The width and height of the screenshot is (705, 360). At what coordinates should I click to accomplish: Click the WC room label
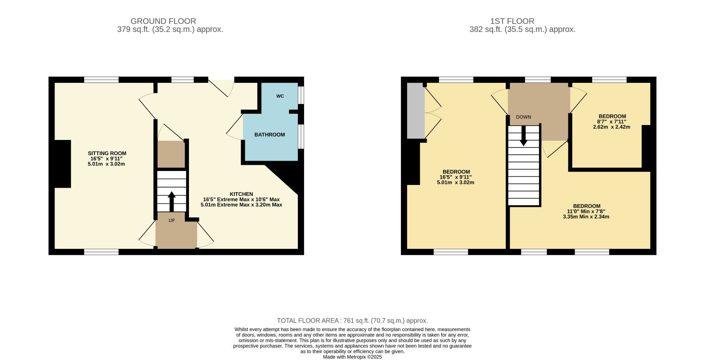click(x=280, y=96)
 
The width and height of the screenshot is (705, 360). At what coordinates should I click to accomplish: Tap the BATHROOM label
click(x=270, y=135)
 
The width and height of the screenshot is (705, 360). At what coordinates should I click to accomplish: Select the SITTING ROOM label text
click(x=107, y=153)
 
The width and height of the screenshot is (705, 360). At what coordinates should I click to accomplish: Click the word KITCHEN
click(x=242, y=194)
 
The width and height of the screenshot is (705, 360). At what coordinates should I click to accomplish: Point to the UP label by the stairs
click(x=171, y=220)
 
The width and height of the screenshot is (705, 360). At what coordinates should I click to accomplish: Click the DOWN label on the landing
click(x=523, y=117)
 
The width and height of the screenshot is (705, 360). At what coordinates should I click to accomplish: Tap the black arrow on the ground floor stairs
click(x=171, y=202)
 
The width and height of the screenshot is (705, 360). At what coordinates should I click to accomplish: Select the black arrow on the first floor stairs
click(x=523, y=136)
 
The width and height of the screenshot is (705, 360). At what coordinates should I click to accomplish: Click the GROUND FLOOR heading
click(x=163, y=21)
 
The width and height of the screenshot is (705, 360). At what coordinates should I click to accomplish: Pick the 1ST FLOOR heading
click(x=512, y=21)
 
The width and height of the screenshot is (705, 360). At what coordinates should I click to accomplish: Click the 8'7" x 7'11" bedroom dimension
click(x=611, y=121)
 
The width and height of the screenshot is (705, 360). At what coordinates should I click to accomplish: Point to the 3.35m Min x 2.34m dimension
click(x=586, y=217)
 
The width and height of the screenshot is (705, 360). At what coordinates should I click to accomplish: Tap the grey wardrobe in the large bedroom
click(x=416, y=111)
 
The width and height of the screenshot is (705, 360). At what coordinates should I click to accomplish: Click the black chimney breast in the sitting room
click(x=63, y=164)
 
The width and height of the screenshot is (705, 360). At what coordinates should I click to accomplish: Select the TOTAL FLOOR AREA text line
click(x=352, y=321)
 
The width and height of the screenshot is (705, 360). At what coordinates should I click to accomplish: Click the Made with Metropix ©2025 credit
click(x=352, y=357)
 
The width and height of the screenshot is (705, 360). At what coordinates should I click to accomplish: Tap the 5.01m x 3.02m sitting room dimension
click(x=106, y=164)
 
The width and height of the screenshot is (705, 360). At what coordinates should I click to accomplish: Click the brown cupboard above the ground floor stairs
click(x=171, y=154)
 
